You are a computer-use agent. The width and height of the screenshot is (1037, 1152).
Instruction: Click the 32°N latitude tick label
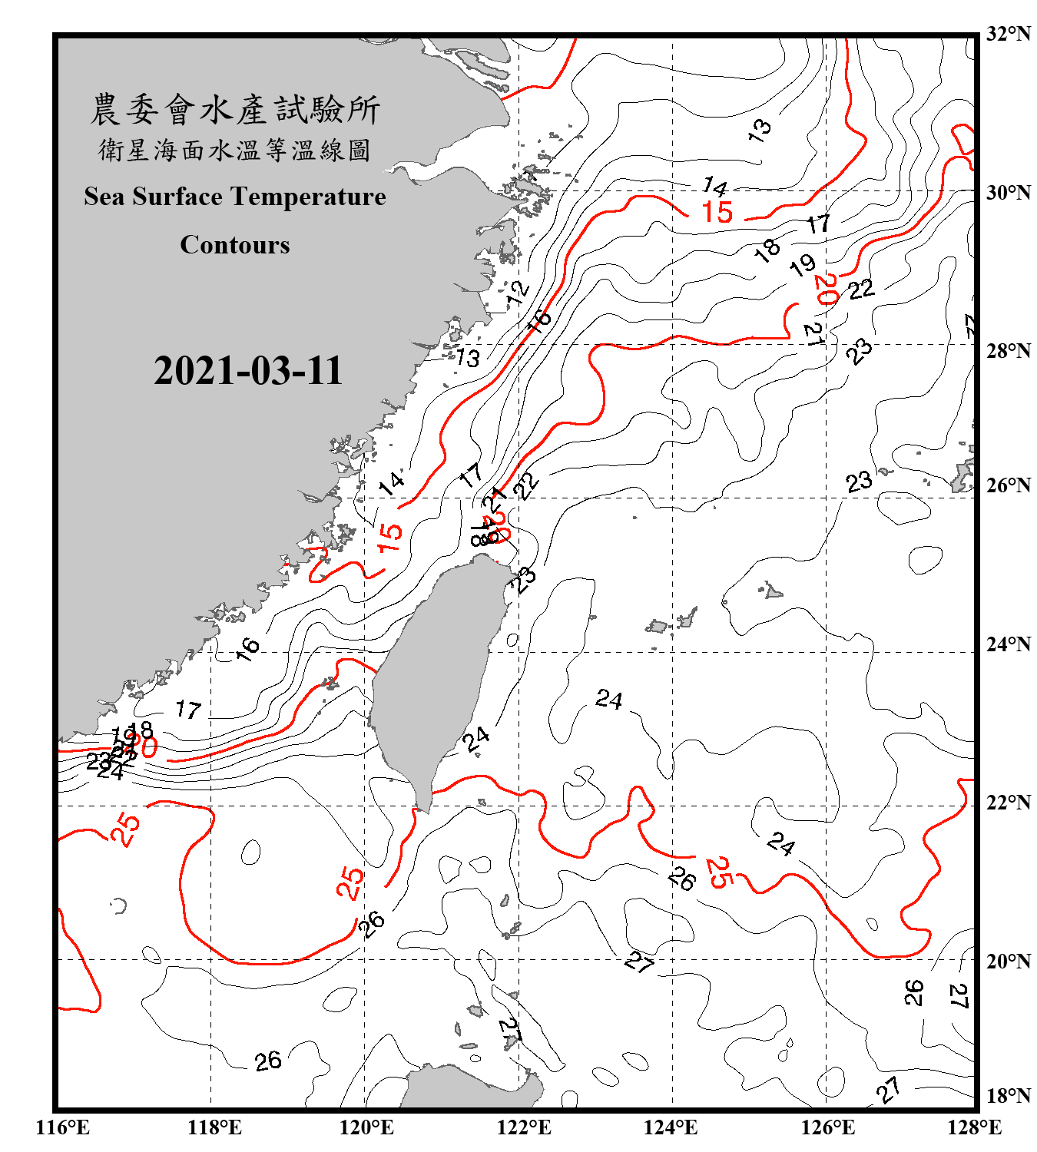pyautogui.click(x=1008, y=34)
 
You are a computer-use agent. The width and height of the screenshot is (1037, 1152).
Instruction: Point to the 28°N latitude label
pyautogui.click(x=1008, y=351)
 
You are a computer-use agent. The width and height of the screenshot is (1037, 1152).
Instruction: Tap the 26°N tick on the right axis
pyautogui.click(x=1008, y=485)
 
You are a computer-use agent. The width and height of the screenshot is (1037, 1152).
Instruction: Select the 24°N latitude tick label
pyautogui.click(x=1008, y=644)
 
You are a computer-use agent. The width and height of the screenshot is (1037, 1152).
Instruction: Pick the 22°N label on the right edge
pyautogui.click(x=1008, y=803)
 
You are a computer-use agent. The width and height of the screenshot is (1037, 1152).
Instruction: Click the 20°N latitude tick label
pyautogui.click(x=1008, y=961)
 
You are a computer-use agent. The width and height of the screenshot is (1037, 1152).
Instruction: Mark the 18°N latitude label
pyautogui.click(x=1008, y=1096)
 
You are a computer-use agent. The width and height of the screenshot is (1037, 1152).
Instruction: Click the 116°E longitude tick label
pyautogui.click(x=63, y=1127)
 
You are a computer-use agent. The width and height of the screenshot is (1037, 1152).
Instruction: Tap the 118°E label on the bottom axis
pyautogui.click(x=214, y=1127)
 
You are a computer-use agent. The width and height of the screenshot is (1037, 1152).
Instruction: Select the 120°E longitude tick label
pyautogui.click(x=366, y=1127)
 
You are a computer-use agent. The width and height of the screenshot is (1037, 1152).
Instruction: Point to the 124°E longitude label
pyautogui.click(x=671, y=1127)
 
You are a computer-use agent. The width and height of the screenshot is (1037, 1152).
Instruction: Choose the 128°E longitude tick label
pyautogui.click(x=974, y=1127)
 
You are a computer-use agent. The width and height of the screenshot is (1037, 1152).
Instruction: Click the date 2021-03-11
pyautogui.click(x=247, y=371)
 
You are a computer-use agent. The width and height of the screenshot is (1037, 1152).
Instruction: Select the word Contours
pyautogui.click(x=235, y=245)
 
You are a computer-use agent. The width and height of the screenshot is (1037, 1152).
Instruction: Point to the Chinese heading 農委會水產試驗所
pyautogui.click(x=235, y=110)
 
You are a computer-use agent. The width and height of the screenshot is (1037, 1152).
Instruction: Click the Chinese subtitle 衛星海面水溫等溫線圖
pyautogui.click(x=235, y=150)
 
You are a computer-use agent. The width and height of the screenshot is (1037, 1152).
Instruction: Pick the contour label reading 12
pyautogui.click(x=518, y=293)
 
